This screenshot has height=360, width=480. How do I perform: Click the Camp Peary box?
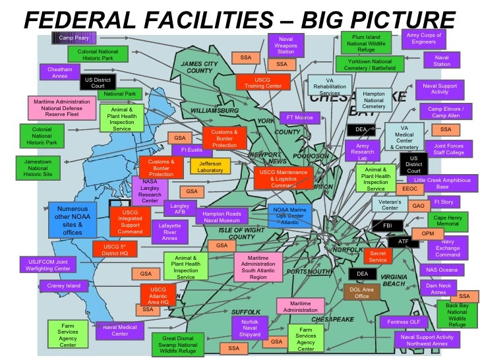(x=74, y=38)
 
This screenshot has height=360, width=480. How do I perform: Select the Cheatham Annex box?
(x=60, y=72)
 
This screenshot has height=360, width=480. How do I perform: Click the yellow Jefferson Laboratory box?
(x=210, y=166)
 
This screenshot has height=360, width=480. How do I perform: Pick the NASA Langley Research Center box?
(x=150, y=191)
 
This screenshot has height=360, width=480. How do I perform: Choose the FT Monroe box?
(x=300, y=118)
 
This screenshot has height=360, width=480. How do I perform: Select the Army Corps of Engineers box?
(x=423, y=38)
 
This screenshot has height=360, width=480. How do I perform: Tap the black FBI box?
(x=388, y=225)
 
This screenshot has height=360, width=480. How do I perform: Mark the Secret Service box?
(x=378, y=256)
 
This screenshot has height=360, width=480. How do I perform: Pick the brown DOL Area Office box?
(x=362, y=292)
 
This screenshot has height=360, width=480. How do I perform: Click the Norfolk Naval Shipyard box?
(x=250, y=327)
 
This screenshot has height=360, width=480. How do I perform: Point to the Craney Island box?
(x=64, y=285)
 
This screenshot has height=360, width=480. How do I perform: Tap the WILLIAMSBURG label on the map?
(x=214, y=109)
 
